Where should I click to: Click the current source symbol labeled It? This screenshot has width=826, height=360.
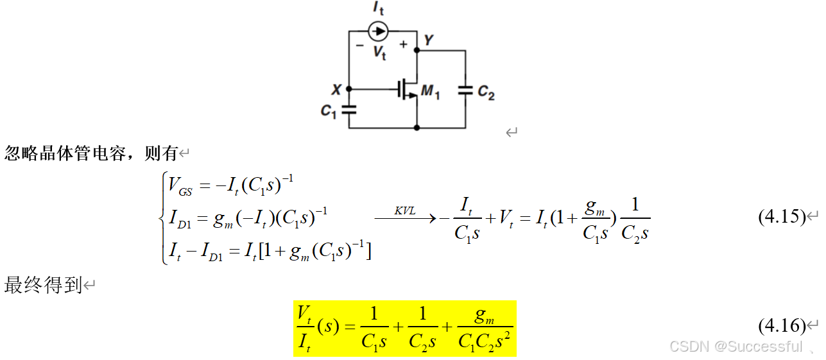tap(379, 30)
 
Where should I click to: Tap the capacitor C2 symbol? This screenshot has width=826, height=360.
tap(465, 90)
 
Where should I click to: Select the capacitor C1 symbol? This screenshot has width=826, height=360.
tap(348, 109)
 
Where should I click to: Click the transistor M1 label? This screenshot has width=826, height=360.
tap(430, 93)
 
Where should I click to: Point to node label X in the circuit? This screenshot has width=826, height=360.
tap(336, 90)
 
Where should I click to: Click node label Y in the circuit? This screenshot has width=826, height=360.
tap(428, 41)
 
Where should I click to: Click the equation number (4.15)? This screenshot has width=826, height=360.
tap(781, 217)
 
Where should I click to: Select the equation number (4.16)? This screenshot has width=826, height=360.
tap(781, 326)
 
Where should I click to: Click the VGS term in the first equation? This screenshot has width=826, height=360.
tap(180, 187)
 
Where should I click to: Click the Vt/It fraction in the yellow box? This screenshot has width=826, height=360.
tap(305, 327)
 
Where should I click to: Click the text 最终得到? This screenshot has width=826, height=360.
tap(43, 285)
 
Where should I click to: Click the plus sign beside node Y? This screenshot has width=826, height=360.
tap(403, 44)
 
